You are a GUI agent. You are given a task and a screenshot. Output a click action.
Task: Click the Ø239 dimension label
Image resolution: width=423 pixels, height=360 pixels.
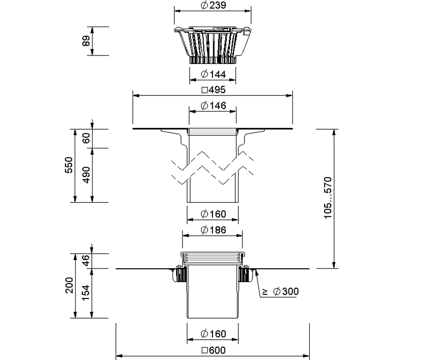coord(214,5)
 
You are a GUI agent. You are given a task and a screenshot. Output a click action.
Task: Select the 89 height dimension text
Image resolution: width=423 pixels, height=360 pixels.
coord(86,41)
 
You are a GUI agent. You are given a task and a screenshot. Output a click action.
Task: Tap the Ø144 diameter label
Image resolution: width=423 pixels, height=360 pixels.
coord(214,74)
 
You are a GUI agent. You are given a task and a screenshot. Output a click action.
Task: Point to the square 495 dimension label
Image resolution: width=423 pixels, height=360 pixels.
coord(214,90)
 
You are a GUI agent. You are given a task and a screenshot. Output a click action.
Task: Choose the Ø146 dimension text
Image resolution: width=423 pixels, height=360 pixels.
coord(214,106)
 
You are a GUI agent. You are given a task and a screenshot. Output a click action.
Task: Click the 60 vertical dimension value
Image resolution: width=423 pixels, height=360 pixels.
coord(86,138)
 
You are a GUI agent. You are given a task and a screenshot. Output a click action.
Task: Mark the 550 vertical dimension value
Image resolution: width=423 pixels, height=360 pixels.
coord(69,165)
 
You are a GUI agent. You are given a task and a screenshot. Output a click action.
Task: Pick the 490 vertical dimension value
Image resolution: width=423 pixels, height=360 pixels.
coord(86,175)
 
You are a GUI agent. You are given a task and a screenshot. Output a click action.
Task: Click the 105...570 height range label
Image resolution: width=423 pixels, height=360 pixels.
coord(328,198)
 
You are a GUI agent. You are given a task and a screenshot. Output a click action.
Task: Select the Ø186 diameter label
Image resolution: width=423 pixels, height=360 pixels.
coord(214,230)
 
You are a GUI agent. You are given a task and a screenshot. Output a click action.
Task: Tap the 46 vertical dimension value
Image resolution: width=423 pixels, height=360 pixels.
coord(86,260)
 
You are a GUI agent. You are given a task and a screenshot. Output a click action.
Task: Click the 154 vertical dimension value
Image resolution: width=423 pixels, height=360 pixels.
coord(86,293)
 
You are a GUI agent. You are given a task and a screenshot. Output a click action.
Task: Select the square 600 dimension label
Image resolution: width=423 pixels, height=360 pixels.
coord(214,350)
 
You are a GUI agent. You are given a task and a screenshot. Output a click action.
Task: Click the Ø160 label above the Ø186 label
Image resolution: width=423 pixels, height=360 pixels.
coord(214,214)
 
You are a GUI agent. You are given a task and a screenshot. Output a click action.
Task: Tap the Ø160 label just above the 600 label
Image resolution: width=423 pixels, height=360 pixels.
coord(214,334)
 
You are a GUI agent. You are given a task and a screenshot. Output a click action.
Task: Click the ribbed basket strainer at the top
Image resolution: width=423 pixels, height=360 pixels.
coord(213,45)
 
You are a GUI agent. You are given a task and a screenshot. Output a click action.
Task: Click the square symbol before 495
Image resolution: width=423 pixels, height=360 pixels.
coord(205,90)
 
